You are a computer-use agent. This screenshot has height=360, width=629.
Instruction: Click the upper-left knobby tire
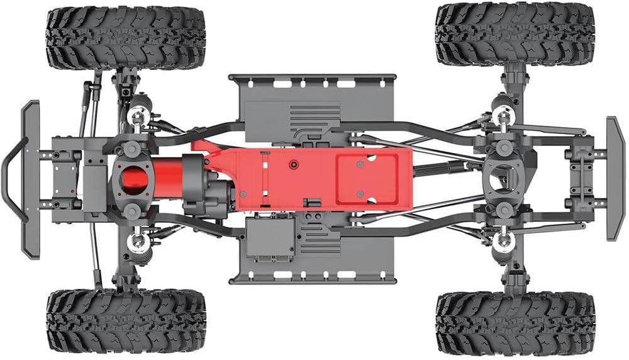click(126, 38)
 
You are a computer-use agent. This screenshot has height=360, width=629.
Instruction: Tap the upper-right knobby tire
click(515, 34)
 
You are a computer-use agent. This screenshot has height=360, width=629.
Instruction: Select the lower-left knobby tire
click(126, 321)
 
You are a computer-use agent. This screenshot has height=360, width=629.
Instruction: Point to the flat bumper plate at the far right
click(615, 178)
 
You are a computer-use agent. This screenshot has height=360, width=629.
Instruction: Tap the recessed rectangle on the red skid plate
click(367, 179)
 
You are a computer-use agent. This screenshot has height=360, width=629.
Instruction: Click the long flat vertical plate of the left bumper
click(30, 179)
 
